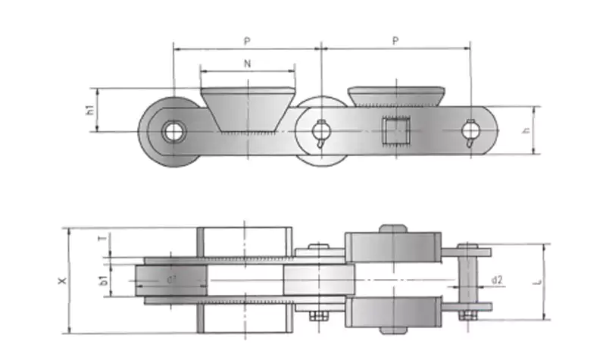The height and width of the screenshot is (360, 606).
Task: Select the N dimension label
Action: pos(248,64)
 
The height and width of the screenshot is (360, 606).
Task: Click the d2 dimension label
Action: pos(497,280)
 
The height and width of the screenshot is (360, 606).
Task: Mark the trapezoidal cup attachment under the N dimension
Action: pos(248,110)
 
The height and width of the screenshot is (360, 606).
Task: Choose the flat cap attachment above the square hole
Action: pos(396,96)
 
